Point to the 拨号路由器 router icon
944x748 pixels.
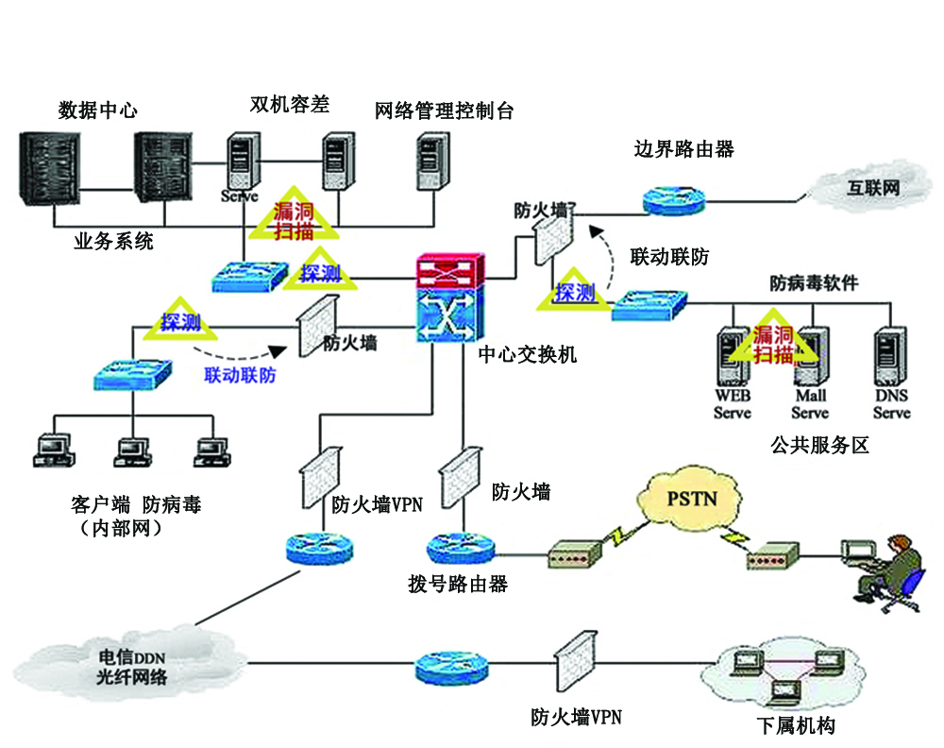456,548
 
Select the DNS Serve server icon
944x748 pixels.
890,355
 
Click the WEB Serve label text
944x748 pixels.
733,405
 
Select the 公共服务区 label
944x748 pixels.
819,445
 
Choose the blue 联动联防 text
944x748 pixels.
240,375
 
